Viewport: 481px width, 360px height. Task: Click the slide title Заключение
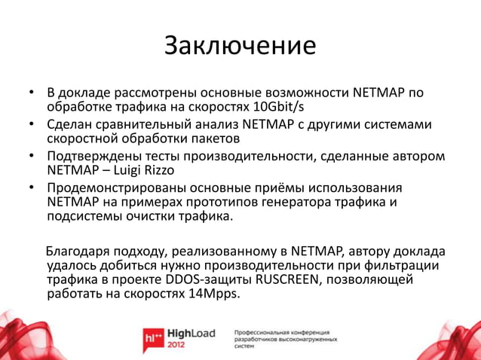click(x=240, y=46)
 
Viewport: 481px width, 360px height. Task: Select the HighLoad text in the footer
click(x=191, y=333)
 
